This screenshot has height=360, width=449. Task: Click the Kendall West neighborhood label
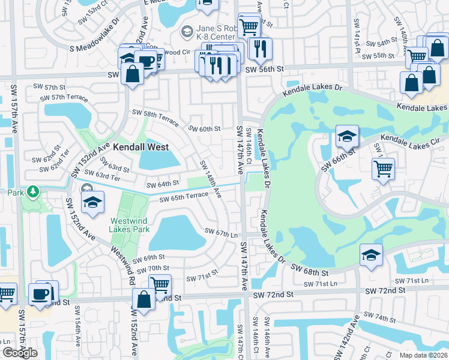click(137, 146)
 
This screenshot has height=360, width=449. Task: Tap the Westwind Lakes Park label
click(129, 225)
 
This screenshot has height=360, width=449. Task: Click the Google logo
click(20, 353)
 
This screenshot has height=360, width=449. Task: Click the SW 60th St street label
click(205, 128)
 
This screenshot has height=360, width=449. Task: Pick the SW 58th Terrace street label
click(155, 117)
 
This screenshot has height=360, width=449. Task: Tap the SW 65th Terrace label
click(183, 196)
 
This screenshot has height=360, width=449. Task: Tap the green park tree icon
click(34, 193)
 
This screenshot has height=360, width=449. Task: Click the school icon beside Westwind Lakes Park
click(92, 203)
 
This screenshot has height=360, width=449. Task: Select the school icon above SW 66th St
click(347, 136)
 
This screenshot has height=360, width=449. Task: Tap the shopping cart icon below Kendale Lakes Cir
click(382, 169)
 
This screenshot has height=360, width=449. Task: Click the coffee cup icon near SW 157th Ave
click(40, 295)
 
